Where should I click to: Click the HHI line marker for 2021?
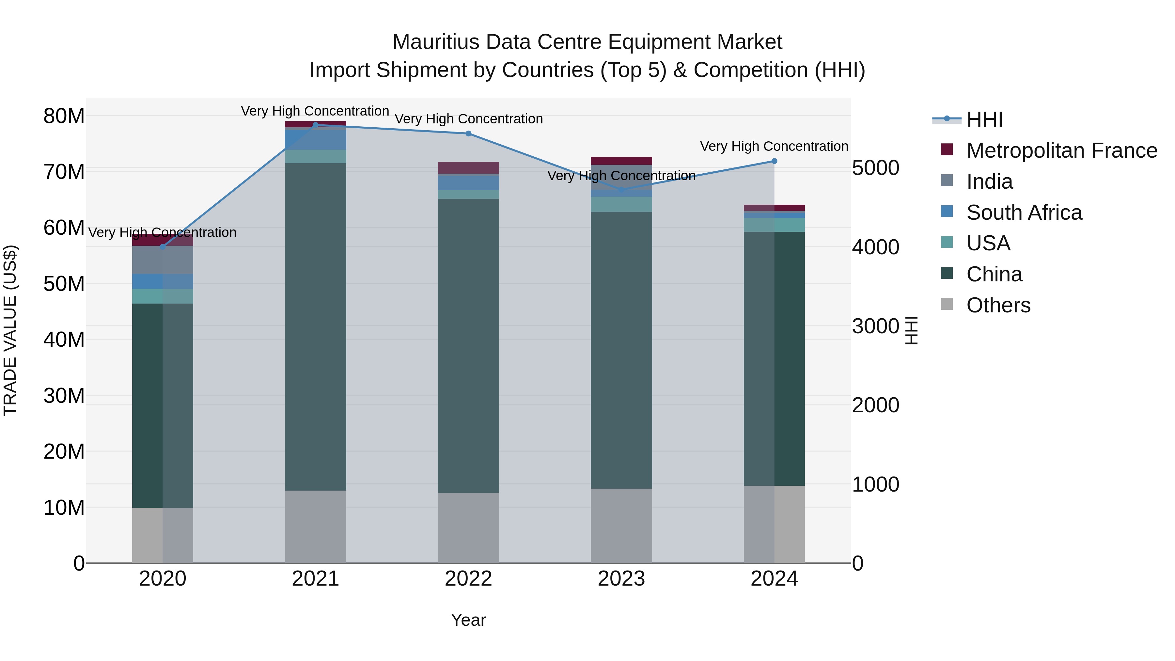315,125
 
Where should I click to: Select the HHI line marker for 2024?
774,161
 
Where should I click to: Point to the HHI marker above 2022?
468,134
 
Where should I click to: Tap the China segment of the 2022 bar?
468,345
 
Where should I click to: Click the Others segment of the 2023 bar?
621,526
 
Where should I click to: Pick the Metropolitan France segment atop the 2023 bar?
621,161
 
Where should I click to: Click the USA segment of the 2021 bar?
315,156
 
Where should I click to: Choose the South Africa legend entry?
1024,212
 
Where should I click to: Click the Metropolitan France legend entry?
1061,150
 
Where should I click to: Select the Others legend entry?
998,305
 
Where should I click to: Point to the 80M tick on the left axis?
64,116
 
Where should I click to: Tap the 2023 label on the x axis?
621,579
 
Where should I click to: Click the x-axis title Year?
468,620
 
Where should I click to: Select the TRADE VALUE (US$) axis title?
10,330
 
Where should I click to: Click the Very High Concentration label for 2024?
774,147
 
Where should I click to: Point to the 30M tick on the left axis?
64,396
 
